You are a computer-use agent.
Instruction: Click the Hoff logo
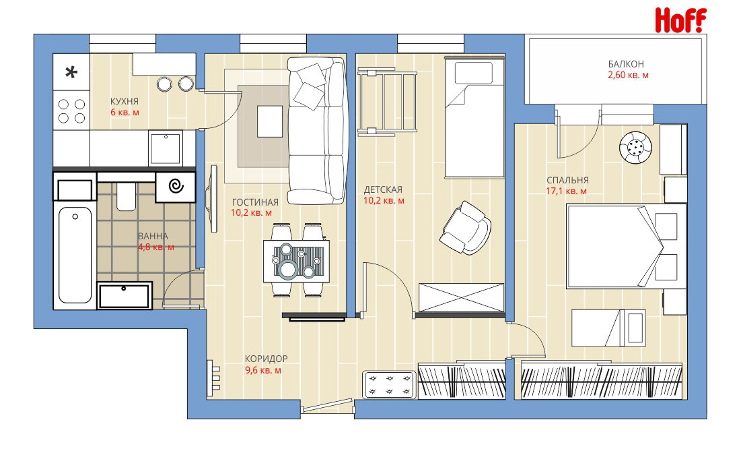click(x=680, y=20)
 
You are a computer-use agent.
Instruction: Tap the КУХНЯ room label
click(x=125, y=101)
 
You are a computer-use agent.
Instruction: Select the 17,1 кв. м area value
click(x=566, y=191)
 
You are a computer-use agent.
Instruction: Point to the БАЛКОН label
click(x=626, y=64)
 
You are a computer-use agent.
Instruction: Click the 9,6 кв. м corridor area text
click(x=263, y=370)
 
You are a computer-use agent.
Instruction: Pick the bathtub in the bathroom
click(x=75, y=255)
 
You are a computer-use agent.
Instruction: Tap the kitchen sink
click(x=166, y=148)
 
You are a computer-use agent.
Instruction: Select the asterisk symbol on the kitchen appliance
click(x=71, y=72)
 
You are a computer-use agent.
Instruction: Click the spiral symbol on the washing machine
click(x=176, y=186)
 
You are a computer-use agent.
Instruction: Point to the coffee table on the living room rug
click(x=270, y=121)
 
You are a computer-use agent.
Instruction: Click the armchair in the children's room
click(x=466, y=228)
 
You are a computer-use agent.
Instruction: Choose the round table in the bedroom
click(x=635, y=148)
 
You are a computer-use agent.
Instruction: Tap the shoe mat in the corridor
click(x=389, y=384)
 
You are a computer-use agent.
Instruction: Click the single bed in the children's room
click(x=474, y=117)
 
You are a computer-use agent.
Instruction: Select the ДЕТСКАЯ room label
click(x=383, y=190)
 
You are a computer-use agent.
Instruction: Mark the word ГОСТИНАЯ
click(x=255, y=202)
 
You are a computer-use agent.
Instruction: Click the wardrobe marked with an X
click(x=461, y=298)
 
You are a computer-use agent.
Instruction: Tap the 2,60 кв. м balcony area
click(x=628, y=75)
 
